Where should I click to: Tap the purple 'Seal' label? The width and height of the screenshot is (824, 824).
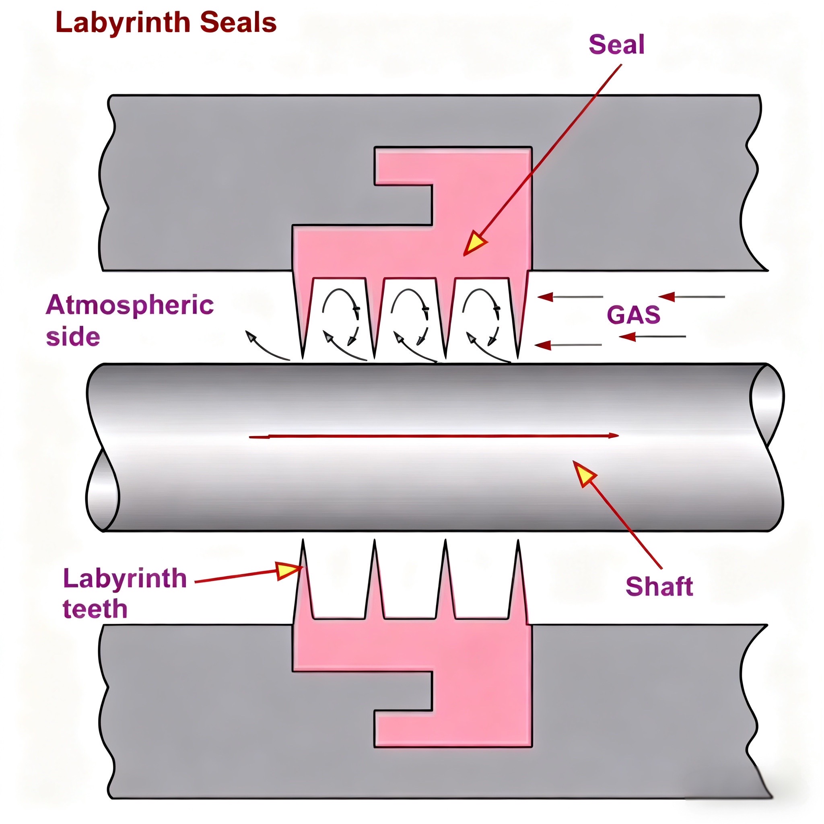click(x=616, y=45)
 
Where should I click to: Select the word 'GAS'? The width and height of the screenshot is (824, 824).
click(x=633, y=315)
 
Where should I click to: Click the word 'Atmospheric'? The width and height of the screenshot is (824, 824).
click(x=130, y=305)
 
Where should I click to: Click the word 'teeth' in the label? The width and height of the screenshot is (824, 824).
click(x=95, y=609)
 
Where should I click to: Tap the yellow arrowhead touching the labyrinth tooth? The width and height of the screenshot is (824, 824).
click(x=288, y=571)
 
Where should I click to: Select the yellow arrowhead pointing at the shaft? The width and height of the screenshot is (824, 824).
click(x=584, y=473)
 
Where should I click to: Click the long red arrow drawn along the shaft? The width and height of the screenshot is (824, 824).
click(x=433, y=436)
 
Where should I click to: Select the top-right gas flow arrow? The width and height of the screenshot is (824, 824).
click(x=691, y=297)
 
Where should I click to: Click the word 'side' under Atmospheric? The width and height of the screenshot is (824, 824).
click(x=73, y=337)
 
